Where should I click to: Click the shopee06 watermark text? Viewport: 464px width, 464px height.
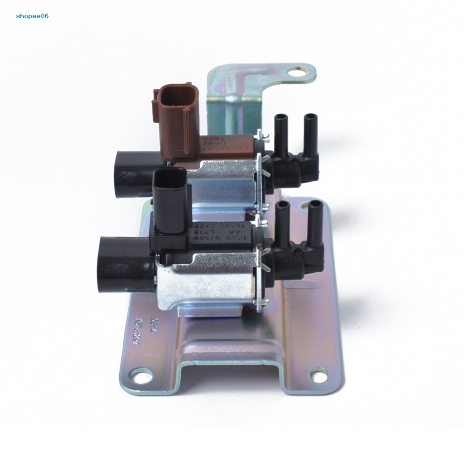32,16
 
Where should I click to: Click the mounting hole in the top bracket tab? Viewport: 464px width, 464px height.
298,72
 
